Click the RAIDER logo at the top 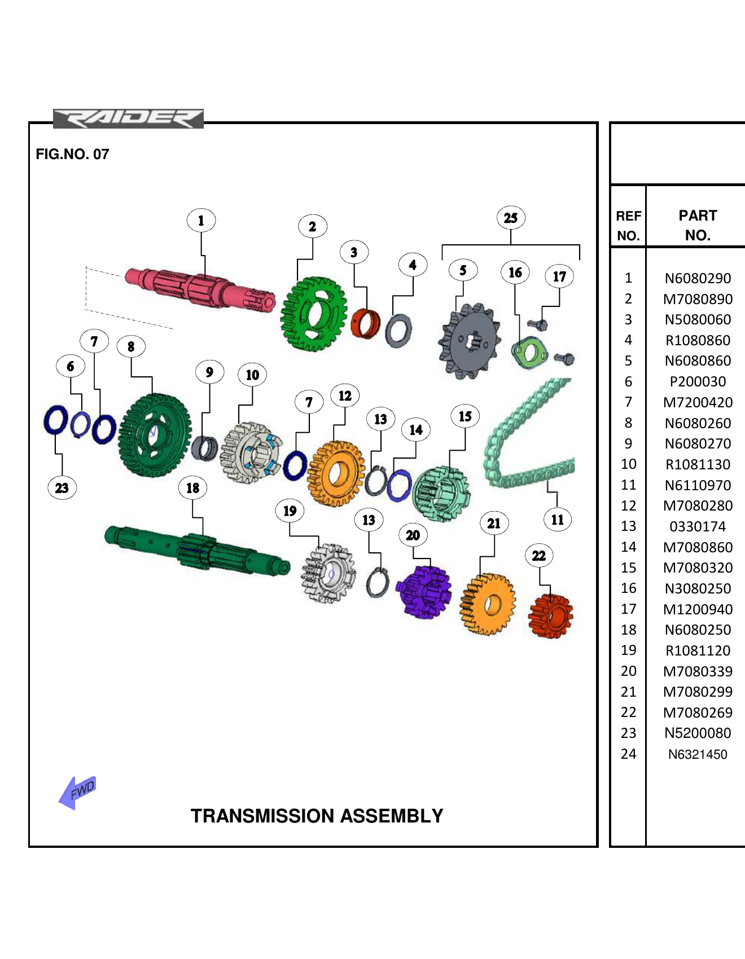point(128,118)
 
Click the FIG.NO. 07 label point(72,154)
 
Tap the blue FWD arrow point(78,792)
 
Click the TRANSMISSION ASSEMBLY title point(317,816)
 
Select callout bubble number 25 point(511,218)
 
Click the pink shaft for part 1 point(198,288)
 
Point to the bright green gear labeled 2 point(314,314)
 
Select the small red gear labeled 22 point(550,615)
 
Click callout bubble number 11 point(558,520)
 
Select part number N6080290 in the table point(698,278)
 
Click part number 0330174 point(698,526)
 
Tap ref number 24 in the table point(628,754)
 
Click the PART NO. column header point(698,225)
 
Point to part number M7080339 point(698,671)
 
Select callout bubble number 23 point(62,488)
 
